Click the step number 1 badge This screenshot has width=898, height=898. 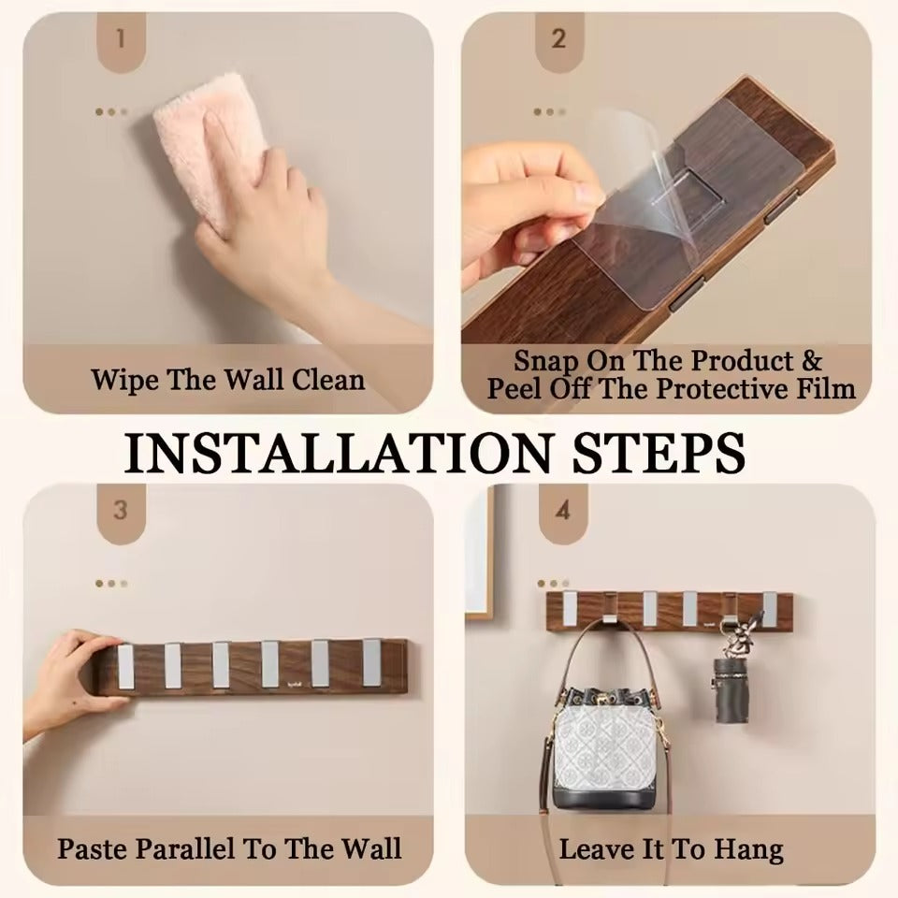click(x=120, y=38)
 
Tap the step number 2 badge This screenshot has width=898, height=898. click(x=558, y=38)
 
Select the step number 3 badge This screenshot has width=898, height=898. click(x=120, y=511)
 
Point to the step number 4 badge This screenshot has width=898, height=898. click(x=562, y=511)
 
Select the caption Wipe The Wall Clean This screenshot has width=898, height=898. click(x=227, y=380)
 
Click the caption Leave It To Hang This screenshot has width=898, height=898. click(x=671, y=849)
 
